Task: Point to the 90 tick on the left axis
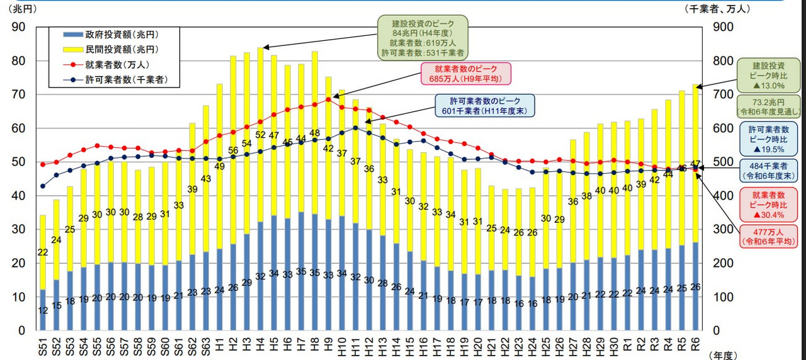click(18, 27)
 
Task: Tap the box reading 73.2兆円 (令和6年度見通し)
click(768, 106)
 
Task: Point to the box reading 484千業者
click(768, 170)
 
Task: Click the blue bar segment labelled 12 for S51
click(42, 310)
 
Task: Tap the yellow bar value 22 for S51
click(42, 252)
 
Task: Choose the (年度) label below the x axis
click(722, 355)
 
